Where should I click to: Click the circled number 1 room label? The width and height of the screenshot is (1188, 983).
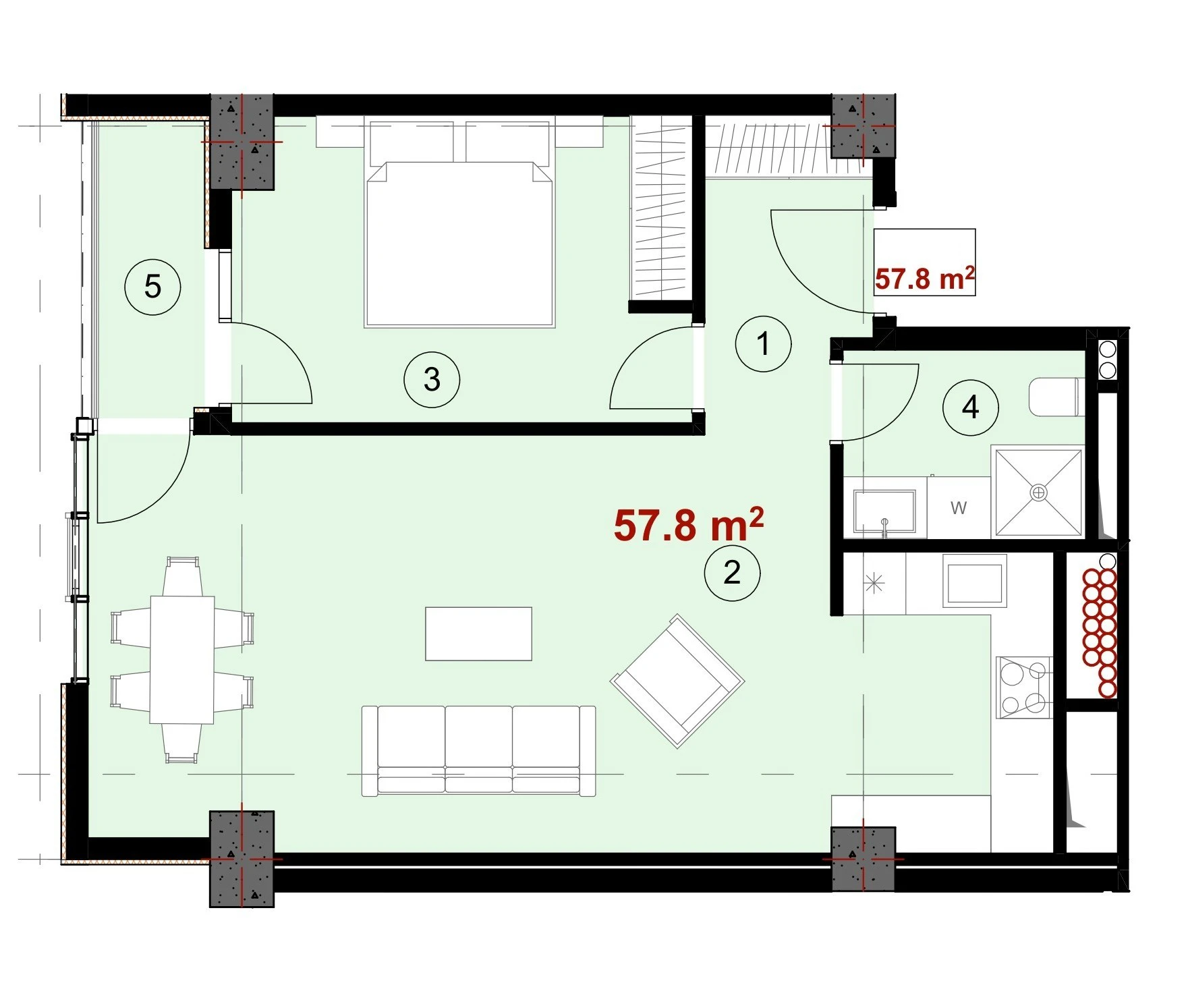[x=763, y=343]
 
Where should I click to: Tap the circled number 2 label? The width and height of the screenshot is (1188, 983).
[x=732, y=573]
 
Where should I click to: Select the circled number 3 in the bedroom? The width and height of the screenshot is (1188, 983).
[x=432, y=379]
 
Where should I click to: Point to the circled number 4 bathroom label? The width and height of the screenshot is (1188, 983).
[x=970, y=407]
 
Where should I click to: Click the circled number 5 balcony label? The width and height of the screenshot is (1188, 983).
[x=153, y=287]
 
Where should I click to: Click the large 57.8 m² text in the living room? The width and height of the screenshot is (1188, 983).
[x=688, y=525]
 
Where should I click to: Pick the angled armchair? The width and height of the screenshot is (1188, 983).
[x=677, y=681]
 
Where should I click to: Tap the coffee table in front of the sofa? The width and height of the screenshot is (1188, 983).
[x=478, y=634]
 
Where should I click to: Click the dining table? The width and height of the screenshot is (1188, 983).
[x=182, y=659]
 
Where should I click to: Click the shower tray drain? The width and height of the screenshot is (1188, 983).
[x=1038, y=493]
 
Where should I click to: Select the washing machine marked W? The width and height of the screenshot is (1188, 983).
[x=959, y=507]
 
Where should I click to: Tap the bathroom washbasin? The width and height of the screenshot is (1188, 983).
[x=885, y=511]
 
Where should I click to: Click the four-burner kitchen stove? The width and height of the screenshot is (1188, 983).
[x=1024, y=687]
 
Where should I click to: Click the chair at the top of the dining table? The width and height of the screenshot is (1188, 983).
[x=182, y=575]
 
